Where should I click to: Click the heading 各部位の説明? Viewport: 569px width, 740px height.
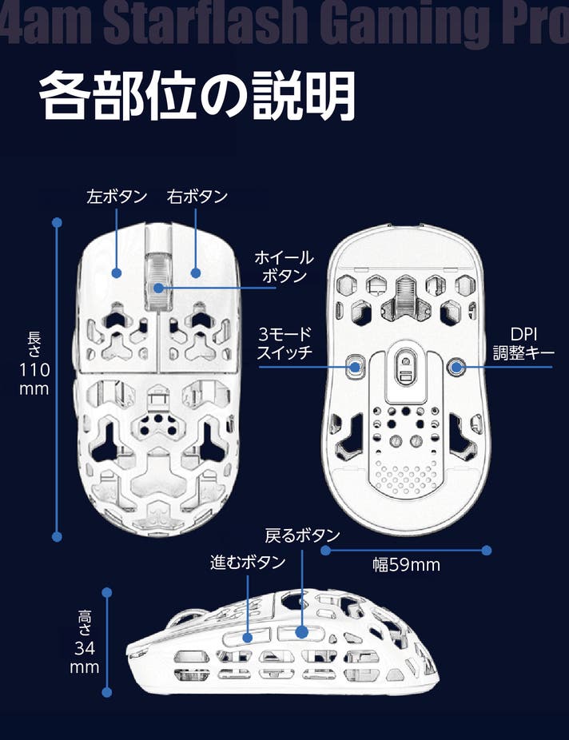(x=197, y=97)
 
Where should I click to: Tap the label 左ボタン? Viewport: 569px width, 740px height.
(x=117, y=197)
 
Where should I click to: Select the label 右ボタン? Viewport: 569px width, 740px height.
(x=197, y=197)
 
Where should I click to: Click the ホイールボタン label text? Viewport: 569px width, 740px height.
(x=283, y=267)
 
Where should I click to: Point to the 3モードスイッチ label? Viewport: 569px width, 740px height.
(x=284, y=343)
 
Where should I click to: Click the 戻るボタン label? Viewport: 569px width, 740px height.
(x=302, y=535)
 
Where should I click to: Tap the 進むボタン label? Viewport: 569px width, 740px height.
(x=248, y=563)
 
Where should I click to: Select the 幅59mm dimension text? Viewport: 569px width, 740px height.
(x=407, y=565)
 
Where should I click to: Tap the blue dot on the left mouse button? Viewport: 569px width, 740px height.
(x=117, y=273)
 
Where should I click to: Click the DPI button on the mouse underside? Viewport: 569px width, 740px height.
(x=456, y=367)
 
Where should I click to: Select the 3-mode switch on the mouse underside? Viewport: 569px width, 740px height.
(x=354, y=367)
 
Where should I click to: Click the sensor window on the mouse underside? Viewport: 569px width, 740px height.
(x=405, y=368)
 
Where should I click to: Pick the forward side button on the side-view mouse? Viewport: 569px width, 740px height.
(x=248, y=637)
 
